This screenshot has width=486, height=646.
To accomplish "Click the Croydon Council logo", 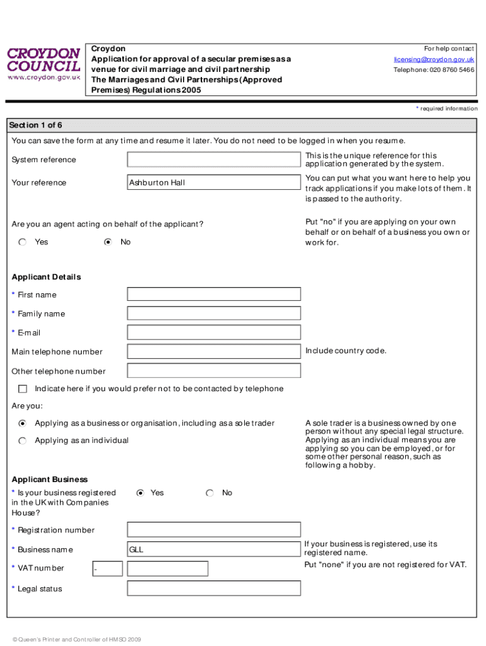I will point(44,63).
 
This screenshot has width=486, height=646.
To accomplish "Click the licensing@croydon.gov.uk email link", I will point(434,59).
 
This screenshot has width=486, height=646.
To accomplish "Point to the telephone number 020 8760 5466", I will point(434,70).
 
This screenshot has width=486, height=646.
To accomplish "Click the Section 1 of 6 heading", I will point(37,125).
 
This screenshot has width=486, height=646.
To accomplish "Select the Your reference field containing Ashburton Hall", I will point(214,182).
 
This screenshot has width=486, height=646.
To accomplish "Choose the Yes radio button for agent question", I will point(23,242).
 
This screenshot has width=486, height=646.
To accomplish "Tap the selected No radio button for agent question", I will point(108,242).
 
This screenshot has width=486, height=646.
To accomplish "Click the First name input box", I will point(214,294).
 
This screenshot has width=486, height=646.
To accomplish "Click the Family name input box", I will point(214,313).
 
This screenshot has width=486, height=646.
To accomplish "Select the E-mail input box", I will point(214,332).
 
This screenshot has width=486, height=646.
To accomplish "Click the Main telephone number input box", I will point(214,351).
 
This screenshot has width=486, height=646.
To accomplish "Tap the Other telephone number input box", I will point(214,371).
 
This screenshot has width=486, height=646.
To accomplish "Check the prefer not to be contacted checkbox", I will point(23,389).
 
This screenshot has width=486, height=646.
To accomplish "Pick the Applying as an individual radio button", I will point(23,440).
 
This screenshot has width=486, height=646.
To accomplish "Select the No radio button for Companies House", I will point(210,493).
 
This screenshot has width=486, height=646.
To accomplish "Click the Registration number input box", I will point(214,530).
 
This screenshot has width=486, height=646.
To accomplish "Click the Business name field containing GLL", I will point(214,549).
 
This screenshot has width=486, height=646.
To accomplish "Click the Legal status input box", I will point(214,589).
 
